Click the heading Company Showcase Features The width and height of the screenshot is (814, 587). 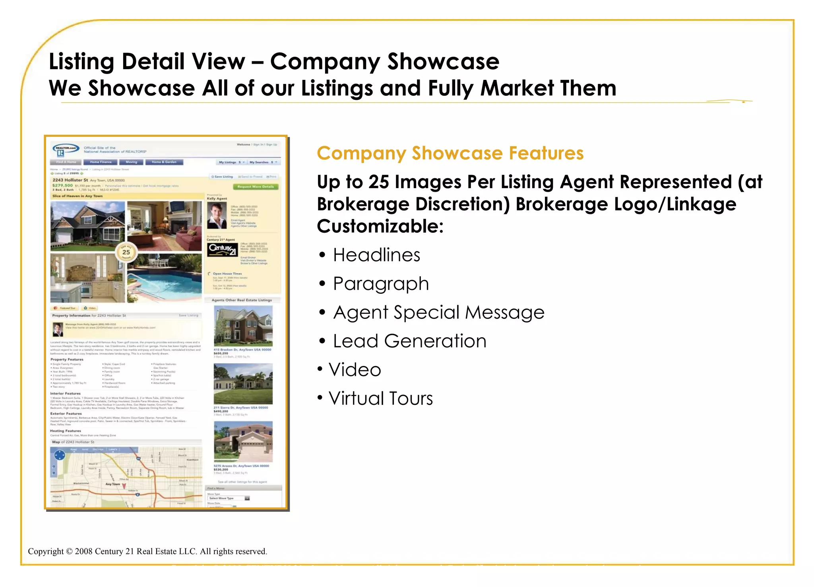coord(450,153)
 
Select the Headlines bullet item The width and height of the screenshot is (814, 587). coord(376,255)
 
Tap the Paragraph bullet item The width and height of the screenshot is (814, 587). coord(380,284)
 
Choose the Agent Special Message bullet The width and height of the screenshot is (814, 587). coord(438,313)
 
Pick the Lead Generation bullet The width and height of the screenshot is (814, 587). coord(409,341)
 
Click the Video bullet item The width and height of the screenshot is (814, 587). coord(355,370)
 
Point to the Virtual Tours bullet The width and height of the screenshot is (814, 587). coord(380,398)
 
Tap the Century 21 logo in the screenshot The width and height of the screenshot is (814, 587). coord(222,249)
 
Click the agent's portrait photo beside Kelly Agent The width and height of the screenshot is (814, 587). coord(217,215)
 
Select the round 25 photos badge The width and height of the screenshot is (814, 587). coord(126,252)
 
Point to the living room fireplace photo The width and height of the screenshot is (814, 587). coord(164,225)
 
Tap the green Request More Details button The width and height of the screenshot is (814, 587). coord(256,187)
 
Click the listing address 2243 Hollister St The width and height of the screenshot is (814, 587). coord(70,180)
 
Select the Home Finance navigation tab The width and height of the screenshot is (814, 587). coord(101,162)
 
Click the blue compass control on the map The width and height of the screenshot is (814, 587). coord(60,455)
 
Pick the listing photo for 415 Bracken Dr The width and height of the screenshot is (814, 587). coord(243,326)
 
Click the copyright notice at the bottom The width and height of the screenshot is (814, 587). coord(147,552)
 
